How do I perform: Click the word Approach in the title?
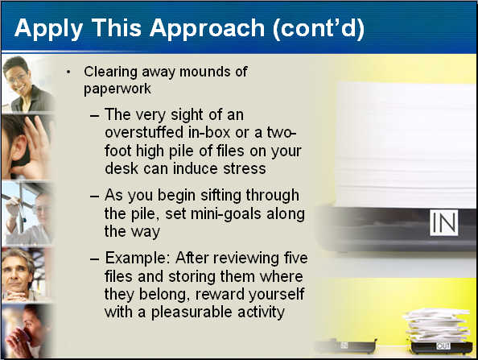[x=207, y=29]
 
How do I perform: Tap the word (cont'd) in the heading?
[x=318, y=28]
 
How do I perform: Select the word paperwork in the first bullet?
[x=117, y=89]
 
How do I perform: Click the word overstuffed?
[x=144, y=132]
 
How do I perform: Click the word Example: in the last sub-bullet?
[x=138, y=259]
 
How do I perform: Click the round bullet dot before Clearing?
[x=68, y=72]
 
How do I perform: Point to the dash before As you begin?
[x=94, y=197]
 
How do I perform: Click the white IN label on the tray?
[x=444, y=223]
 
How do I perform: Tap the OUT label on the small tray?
[x=443, y=346]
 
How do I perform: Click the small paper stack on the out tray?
[x=437, y=325]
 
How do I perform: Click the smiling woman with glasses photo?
[x=27, y=83]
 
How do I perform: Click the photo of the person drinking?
[x=27, y=331]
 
